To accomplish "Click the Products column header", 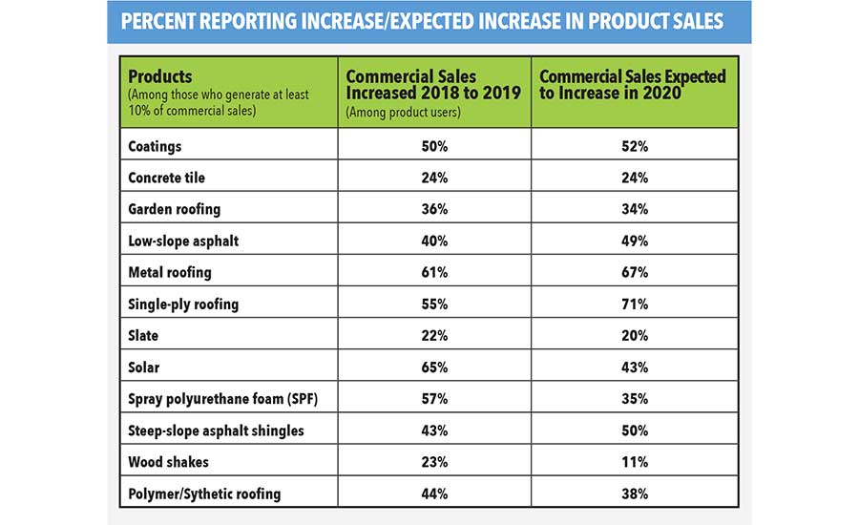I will pyautogui.click(x=160, y=76).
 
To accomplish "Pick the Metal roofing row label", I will pyautogui.click(x=170, y=272).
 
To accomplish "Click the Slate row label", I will pyautogui.click(x=144, y=335).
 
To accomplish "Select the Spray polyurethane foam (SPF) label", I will pyautogui.click(x=222, y=398).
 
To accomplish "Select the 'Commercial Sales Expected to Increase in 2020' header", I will pyautogui.click(x=633, y=83).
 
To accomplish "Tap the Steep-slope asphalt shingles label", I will pyautogui.click(x=217, y=430).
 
